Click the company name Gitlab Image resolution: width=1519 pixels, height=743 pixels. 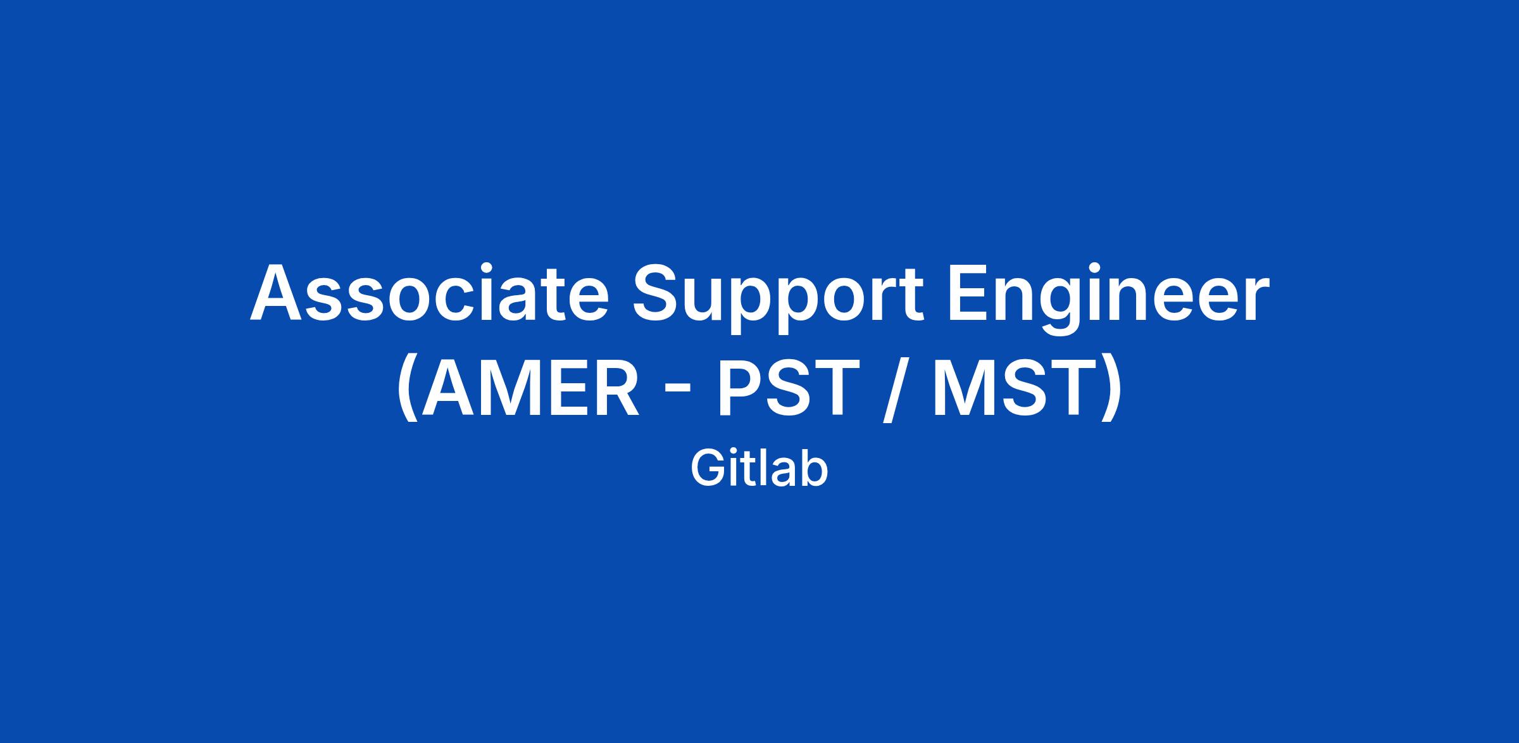pos(759,469)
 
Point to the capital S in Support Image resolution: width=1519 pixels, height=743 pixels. pos(658,292)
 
